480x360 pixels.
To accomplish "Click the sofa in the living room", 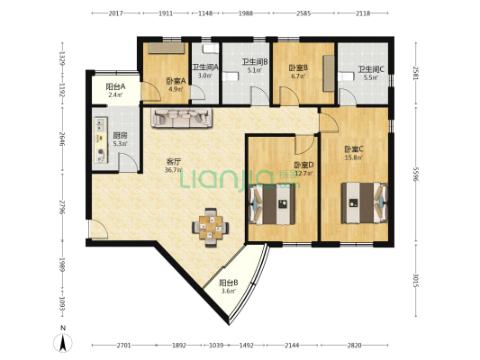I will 182,117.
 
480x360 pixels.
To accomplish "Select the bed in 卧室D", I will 273,202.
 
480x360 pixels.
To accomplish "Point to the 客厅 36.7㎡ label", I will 174,166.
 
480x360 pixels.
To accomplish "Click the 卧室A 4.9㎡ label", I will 174,85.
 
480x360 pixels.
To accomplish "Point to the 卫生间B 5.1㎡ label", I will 254,66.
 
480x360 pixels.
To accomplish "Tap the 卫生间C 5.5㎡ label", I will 370,74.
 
